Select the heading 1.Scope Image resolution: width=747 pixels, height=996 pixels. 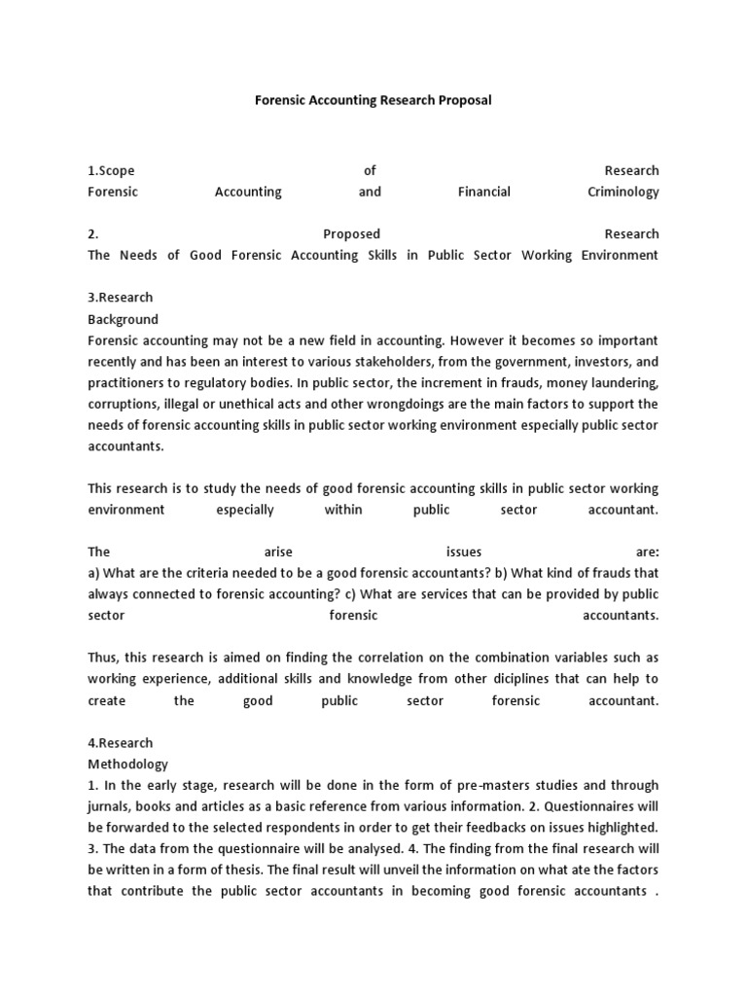point(112,170)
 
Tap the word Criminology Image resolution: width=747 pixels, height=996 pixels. point(622,192)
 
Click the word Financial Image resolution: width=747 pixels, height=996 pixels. point(483,192)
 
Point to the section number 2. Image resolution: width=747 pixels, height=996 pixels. point(92,233)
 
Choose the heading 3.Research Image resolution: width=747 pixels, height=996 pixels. point(121,298)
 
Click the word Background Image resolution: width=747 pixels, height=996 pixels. point(123,319)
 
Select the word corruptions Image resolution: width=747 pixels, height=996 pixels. point(124,404)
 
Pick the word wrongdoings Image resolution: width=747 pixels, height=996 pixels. point(396,404)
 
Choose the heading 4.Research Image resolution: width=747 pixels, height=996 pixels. point(121,743)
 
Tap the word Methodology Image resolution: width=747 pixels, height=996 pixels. point(128,765)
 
